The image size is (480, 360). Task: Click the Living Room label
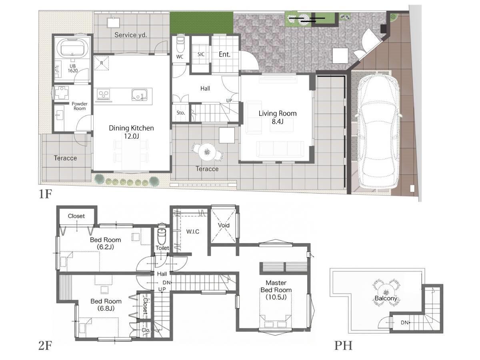click(278, 114)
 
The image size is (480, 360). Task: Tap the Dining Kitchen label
click(131, 128)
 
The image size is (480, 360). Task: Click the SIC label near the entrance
click(201, 54)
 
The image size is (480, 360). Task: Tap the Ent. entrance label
click(224, 54)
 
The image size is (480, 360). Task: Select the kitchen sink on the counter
click(139, 95)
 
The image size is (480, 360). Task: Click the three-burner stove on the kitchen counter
click(104, 95)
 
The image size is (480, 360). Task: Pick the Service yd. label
click(130, 35)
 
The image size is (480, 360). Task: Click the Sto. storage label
click(181, 113)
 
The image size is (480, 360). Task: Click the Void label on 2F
click(224, 225)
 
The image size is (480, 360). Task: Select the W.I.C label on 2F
click(193, 232)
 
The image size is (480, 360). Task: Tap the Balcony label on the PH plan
click(386, 298)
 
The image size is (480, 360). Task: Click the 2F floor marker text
click(45, 346)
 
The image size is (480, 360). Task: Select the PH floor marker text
click(343, 346)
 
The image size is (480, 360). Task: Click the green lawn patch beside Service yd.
click(202, 23)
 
